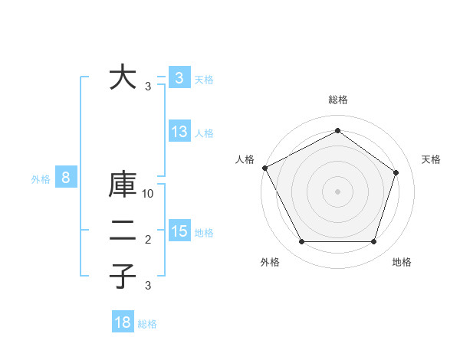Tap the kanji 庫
click(x=123, y=188)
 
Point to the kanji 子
click(x=123, y=276)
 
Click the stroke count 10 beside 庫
click(x=149, y=195)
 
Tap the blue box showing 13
click(x=179, y=132)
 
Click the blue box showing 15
click(x=179, y=231)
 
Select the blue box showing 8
click(x=66, y=178)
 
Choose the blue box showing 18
click(x=123, y=322)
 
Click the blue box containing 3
click(x=179, y=77)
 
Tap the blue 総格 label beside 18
click(x=147, y=324)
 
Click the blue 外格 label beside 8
click(x=41, y=179)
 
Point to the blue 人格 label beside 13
click(x=205, y=133)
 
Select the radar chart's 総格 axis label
click(x=337, y=100)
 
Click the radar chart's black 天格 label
click(x=432, y=159)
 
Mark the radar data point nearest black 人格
click(x=265, y=168)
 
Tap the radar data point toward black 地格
click(x=373, y=241)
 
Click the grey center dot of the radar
click(x=337, y=191)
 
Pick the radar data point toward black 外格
click(x=301, y=241)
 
